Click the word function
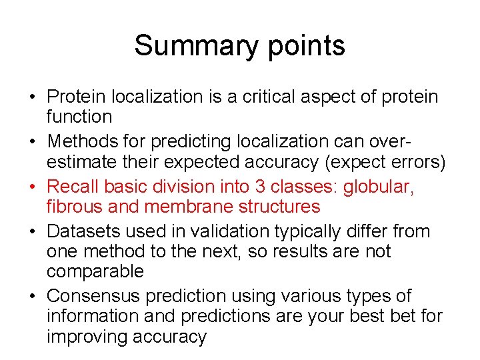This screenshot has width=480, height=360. pyautogui.click(x=79, y=117)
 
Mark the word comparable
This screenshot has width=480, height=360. pyautogui.click(x=95, y=272)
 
